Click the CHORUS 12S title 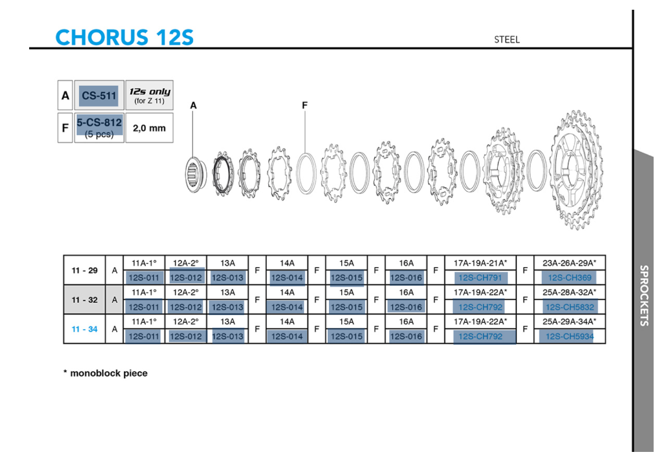(x=124, y=37)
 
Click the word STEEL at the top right (x=506, y=40)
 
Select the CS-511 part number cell (x=99, y=95)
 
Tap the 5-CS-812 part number (x=99, y=123)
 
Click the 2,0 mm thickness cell (x=150, y=128)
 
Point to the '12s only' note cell (x=150, y=95)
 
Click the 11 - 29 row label (x=85, y=270)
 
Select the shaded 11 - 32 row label (x=85, y=300)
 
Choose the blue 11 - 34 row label (x=85, y=329)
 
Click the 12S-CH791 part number (x=480, y=277)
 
